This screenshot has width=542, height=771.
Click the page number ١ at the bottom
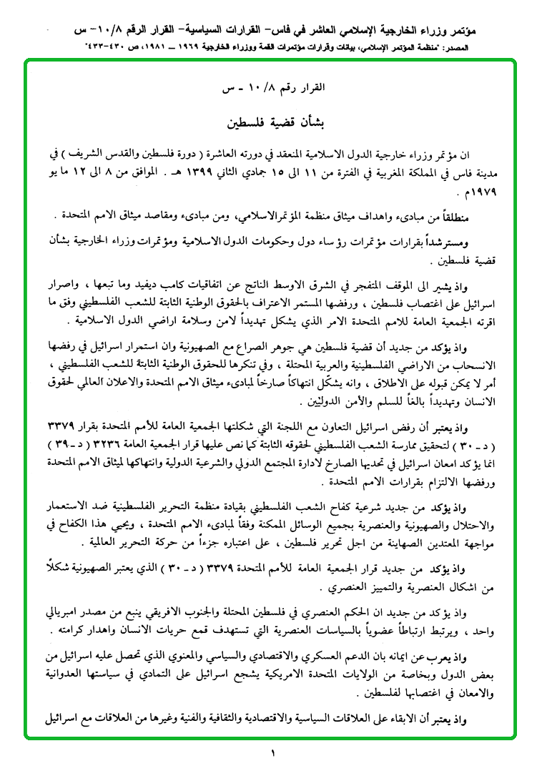273,752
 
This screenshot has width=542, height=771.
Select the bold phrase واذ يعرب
479,656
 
